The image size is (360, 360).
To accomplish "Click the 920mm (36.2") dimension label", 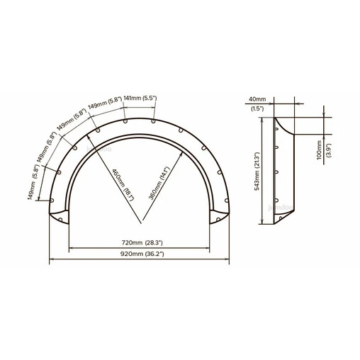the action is (142, 254).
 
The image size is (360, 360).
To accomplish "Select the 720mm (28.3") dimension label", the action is (142, 242).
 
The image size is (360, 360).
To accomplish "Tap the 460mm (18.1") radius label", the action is (123, 185).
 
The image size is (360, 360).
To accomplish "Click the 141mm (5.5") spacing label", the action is (140, 98).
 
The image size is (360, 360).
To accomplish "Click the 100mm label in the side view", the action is (320, 150).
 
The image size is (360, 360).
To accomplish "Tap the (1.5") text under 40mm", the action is (257, 108).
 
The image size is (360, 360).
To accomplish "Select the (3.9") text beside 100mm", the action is (329, 150).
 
